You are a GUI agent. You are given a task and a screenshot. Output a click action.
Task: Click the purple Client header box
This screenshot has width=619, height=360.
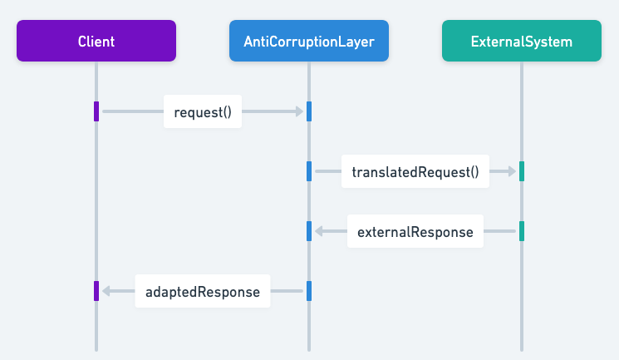pos(96,41)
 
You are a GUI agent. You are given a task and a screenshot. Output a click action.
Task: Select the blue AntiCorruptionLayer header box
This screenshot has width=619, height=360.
pos(309,41)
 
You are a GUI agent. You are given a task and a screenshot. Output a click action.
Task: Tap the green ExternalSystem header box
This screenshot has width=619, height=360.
pos(522,41)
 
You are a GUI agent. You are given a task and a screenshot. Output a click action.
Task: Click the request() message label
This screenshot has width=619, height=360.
pos(203,111)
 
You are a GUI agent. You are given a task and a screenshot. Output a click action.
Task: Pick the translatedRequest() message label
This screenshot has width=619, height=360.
pos(415,172)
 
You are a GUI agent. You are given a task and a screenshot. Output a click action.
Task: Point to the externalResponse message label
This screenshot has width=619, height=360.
pos(415,232)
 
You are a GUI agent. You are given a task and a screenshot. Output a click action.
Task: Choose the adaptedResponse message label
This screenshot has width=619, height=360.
pos(203,292)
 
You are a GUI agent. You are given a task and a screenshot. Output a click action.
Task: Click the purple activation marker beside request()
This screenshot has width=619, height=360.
pos(96,111)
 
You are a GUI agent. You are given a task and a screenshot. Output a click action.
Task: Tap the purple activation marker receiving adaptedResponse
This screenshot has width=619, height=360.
pos(96,291)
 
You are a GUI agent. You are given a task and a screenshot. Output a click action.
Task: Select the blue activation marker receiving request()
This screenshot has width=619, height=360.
pos(309,111)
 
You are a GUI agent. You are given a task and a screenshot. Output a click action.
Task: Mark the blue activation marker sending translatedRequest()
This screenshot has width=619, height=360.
pos(309,171)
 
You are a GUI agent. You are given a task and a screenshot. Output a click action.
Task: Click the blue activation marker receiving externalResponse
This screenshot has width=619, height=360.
pos(309,231)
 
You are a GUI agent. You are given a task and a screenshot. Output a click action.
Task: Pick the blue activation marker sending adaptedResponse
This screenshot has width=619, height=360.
pos(309,291)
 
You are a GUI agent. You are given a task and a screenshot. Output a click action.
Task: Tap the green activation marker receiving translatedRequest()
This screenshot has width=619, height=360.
pos(522,171)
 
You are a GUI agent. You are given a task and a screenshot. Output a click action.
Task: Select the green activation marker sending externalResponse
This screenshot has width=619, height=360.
pos(522,231)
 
